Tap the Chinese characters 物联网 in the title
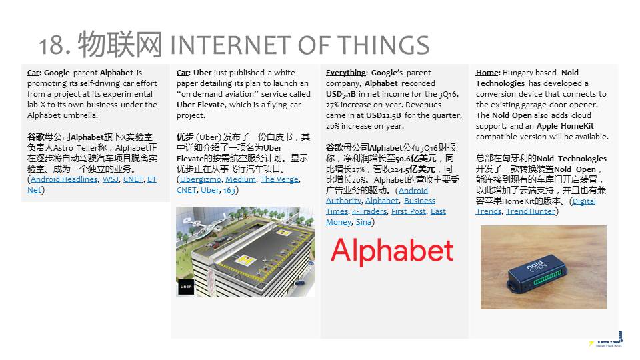pyautogui.click(x=121, y=44)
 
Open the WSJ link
pyautogui.click(x=110, y=179)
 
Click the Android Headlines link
pyautogui.click(x=64, y=179)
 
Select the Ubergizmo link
pyautogui.click(x=201, y=179)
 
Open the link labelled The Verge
pyautogui.click(x=279, y=179)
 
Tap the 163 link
pyautogui.click(x=229, y=190)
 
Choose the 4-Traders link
pyautogui.click(x=369, y=211)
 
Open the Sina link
pyautogui.click(x=363, y=221)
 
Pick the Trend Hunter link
pyautogui.click(x=530, y=211)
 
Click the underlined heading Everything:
pyautogui.click(x=347, y=73)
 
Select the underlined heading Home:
pyautogui.click(x=487, y=73)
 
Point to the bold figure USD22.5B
pyautogui.click(x=383, y=115)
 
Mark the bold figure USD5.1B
pyautogui.click(x=341, y=94)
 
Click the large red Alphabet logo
pyautogui.click(x=392, y=250)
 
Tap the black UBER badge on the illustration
pyautogui.click(x=186, y=287)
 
